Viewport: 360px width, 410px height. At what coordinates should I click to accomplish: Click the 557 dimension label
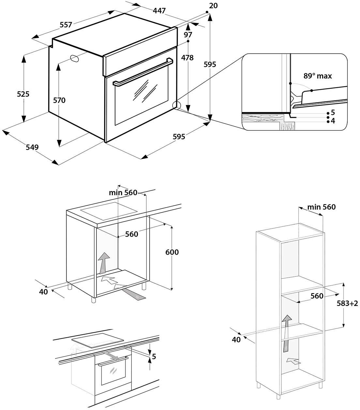(x=66, y=24)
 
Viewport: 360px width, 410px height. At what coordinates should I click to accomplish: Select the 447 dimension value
(x=159, y=11)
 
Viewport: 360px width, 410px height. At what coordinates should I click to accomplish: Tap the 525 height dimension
(x=23, y=94)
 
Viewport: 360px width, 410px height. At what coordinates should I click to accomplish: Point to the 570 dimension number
(x=59, y=101)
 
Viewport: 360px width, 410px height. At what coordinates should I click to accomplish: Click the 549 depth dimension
(x=32, y=147)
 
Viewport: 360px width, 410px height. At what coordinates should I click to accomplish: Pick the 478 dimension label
(x=187, y=58)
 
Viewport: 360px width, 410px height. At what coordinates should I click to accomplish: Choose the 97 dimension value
(x=188, y=35)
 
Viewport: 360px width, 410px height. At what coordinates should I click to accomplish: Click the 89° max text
(x=318, y=76)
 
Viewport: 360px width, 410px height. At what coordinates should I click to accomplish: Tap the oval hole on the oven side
(x=74, y=58)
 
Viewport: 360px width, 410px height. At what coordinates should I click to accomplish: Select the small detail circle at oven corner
(x=176, y=105)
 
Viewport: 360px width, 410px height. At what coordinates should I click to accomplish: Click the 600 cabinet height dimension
(x=172, y=252)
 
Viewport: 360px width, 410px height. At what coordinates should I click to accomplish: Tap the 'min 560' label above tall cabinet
(x=321, y=207)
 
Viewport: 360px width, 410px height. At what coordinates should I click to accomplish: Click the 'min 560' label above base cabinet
(x=123, y=193)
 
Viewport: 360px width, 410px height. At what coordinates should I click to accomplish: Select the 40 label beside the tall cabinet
(x=236, y=339)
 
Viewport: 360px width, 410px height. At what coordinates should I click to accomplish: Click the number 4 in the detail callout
(x=333, y=121)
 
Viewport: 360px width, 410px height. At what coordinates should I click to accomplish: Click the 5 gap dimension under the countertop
(x=154, y=357)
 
